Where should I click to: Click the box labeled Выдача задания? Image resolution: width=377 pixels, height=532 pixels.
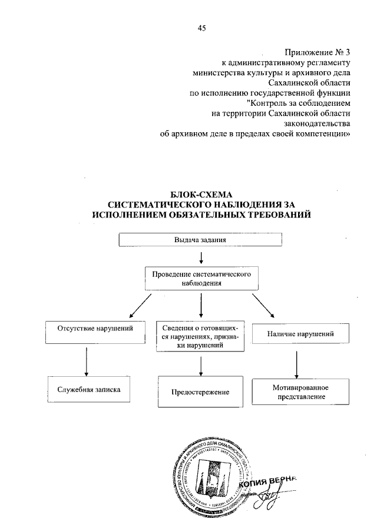pyautogui.click(x=201, y=240)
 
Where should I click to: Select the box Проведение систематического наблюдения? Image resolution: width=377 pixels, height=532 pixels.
pyautogui.click(x=201, y=278)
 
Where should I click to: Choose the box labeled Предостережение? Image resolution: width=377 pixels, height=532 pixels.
pyautogui.click(x=201, y=392)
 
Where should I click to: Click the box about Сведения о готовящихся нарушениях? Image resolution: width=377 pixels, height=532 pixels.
pyautogui.click(x=201, y=337)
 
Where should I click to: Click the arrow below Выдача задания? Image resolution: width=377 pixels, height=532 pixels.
pyautogui.click(x=201, y=257)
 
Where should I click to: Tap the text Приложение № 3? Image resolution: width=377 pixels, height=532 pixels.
pyautogui.click(x=318, y=51)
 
